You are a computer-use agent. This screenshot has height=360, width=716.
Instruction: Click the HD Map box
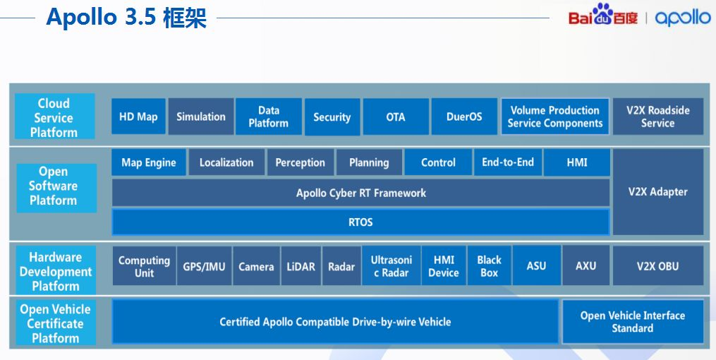pyautogui.click(x=138, y=117)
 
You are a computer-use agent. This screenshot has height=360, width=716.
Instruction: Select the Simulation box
pyautogui.click(x=201, y=117)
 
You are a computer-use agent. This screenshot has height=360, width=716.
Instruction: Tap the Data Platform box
pyautogui.click(x=268, y=117)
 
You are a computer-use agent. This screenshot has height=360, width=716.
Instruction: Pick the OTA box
pyautogui.click(x=396, y=117)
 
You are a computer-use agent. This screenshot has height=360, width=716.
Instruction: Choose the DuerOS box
pyautogui.click(x=464, y=117)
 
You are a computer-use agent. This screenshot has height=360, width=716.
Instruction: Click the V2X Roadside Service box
pyautogui.click(x=657, y=117)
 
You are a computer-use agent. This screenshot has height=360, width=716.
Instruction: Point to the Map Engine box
pyautogui.click(x=149, y=163)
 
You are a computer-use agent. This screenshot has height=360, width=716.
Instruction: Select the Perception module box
pyautogui.click(x=300, y=163)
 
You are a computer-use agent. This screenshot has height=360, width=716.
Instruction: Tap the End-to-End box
pyautogui.click(x=508, y=163)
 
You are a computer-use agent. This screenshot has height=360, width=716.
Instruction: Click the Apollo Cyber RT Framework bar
pyautogui.click(x=360, y=193)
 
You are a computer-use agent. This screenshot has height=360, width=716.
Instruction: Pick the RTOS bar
pyautogui.click(x=360, y=222)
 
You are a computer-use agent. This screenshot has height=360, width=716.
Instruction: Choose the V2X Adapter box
pyautogui.click(x=657, y=192)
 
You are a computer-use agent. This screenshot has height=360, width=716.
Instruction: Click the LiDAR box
pyautogui.click(x=301, y=267)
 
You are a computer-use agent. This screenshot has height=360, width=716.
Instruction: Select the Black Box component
pyautogui.click(x=489, y=266)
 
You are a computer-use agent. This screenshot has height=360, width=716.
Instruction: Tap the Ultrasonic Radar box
pyautogui.click(x=392, y=266)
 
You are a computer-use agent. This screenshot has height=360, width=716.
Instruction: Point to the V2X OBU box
pyautogui.click(x=657, y=266)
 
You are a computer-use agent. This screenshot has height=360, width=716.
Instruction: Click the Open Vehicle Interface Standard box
pyautogui.click(x=632, y=322)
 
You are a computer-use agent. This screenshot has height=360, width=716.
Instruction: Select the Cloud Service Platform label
pyautogui.click(x=54, y=118)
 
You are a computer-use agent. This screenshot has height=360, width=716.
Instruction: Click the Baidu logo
pyautogui.click(x=603, y=16)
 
